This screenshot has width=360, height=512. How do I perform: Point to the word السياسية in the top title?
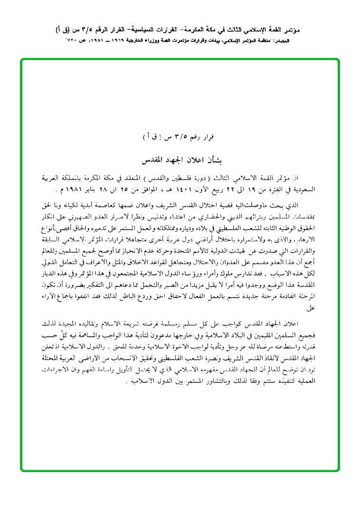[x=160, y=29]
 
